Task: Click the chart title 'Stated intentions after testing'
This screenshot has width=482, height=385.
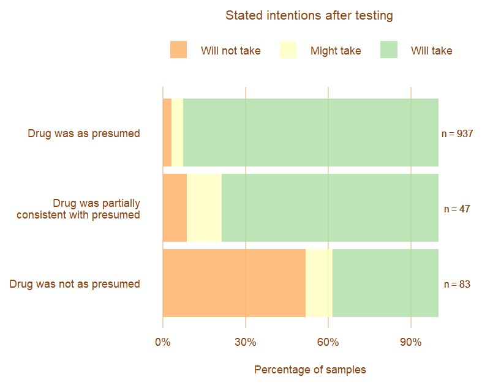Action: [309, 16]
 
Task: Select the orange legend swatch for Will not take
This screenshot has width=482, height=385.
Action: [178, 50]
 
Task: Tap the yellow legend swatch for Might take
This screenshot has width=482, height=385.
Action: [288, 50]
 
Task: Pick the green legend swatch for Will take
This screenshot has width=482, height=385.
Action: [388, 50]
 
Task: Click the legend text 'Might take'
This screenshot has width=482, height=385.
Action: [336, 51]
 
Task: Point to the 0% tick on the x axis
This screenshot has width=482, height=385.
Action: [163, 342]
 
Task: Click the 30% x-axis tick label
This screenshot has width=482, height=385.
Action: [246, 342]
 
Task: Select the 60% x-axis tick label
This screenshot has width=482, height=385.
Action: [328, 342]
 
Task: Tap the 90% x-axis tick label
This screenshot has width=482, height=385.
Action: [410, 342]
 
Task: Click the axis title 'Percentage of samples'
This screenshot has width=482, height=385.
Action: [310, 370]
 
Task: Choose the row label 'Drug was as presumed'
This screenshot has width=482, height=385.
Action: [84, 133]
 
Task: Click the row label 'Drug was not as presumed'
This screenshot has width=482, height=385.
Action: [75, 284]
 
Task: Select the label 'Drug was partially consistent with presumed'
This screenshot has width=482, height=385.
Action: [78, 209]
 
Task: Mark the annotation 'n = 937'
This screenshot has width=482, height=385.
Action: [457, 133]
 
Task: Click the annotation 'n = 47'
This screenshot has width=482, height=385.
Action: [457, 209]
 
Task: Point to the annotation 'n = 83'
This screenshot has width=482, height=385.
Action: [457, 284]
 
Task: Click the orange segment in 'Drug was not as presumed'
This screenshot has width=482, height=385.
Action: [234, 283]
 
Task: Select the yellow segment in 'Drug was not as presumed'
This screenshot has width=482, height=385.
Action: [319, 283]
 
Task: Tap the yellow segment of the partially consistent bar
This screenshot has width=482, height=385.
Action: [204, 207]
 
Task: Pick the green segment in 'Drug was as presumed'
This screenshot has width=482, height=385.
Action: [311, 132]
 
